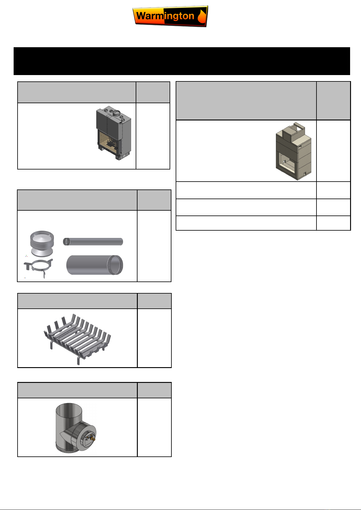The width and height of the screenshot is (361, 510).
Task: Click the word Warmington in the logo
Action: click(x=165, y=16)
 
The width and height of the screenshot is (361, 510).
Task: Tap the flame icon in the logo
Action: click(x=202, y=16)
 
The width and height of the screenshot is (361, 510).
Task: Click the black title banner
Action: click(x=182, y=61)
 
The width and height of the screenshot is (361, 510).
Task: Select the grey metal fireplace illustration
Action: click(x=114, y=133)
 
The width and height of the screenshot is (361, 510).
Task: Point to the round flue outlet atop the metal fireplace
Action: click(x=117, y=113)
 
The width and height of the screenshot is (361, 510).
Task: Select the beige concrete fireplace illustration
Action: click(x=293, y=151)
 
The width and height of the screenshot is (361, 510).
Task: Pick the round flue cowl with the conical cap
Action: click(x=42, y=244)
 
